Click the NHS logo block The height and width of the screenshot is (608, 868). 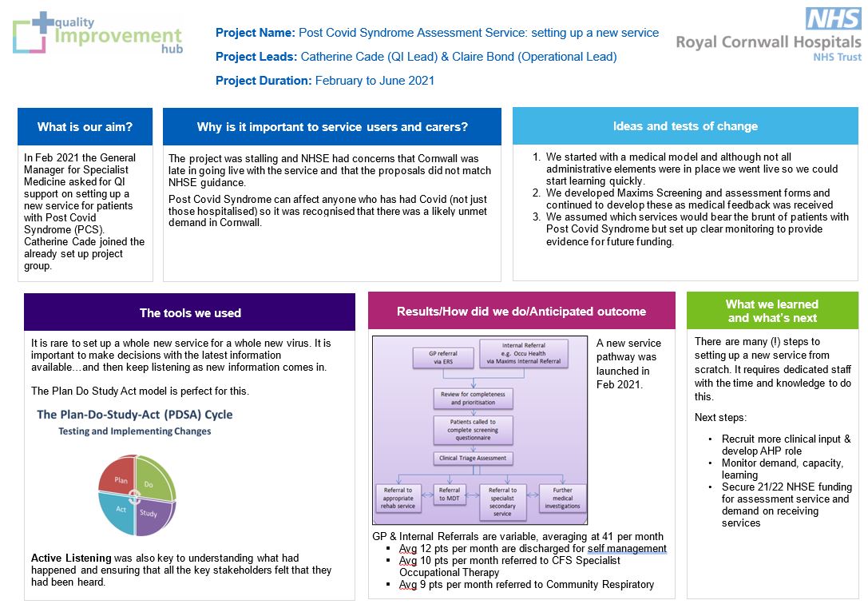pos(833,18)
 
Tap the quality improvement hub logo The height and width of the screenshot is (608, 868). pos(98,34)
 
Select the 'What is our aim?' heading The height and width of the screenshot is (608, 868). pos(85,127)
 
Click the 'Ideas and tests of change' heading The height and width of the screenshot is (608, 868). pos(685,126)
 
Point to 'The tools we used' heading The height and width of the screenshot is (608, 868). pos(190,313)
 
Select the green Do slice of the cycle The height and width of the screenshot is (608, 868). pos(154,477)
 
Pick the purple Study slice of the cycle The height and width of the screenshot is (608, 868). pos(153,516)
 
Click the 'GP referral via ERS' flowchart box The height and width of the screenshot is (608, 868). pos(443,357)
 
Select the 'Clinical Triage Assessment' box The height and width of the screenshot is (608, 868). pos(473,458)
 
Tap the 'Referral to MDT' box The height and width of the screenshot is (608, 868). pos(449,494)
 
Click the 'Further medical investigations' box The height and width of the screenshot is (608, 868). pos(562,498)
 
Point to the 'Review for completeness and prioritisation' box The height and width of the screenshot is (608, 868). pos(473,398)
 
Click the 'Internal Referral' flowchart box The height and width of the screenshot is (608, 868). pos(524,353)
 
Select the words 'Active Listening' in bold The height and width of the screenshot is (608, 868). pos(71,558)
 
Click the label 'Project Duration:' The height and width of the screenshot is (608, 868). pos(264,81)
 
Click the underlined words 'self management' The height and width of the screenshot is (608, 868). pos(627,548)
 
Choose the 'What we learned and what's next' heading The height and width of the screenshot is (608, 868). pos(772,311)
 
